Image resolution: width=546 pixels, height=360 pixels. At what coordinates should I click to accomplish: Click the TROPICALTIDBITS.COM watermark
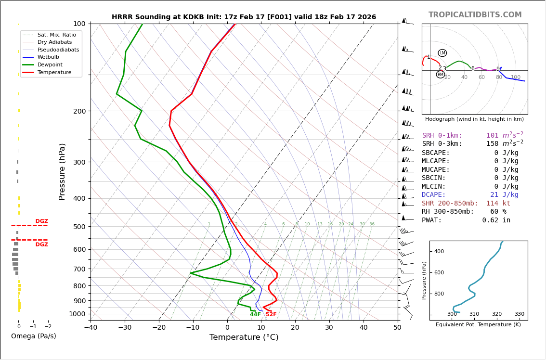(x=475, y=15)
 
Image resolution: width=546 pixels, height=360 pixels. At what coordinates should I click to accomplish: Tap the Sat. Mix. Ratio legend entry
(x=56, y=35)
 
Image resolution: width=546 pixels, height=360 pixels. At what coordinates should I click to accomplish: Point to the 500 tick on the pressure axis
(x=79, y=227)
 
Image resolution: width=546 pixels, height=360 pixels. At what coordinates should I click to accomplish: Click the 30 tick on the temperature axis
(x=329, y=328)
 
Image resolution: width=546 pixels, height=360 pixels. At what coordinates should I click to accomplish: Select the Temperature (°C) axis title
(x=244, y=338)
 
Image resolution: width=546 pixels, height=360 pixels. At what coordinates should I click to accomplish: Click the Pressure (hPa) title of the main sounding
(x=62, y=171)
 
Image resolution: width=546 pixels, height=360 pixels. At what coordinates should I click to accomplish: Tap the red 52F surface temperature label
(x=271, y=315)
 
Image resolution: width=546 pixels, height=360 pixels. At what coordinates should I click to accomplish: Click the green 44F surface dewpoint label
(x=255, y=315)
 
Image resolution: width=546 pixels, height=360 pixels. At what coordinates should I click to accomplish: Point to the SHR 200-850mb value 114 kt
(x=498, y=204)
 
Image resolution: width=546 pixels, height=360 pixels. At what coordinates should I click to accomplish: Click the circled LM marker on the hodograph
(x=442, y=53)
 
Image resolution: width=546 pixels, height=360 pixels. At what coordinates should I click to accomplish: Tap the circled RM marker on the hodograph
(x=440, y=75)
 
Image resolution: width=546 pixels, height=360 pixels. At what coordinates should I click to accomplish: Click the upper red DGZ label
(x=41, y=221)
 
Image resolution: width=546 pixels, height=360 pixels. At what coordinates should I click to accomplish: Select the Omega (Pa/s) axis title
(x=34, y=336)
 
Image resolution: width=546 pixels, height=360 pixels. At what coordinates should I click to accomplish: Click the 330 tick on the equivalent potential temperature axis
(x=519, y=314)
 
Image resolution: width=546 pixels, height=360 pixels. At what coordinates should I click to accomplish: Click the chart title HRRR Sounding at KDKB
(x=244, y=17)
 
